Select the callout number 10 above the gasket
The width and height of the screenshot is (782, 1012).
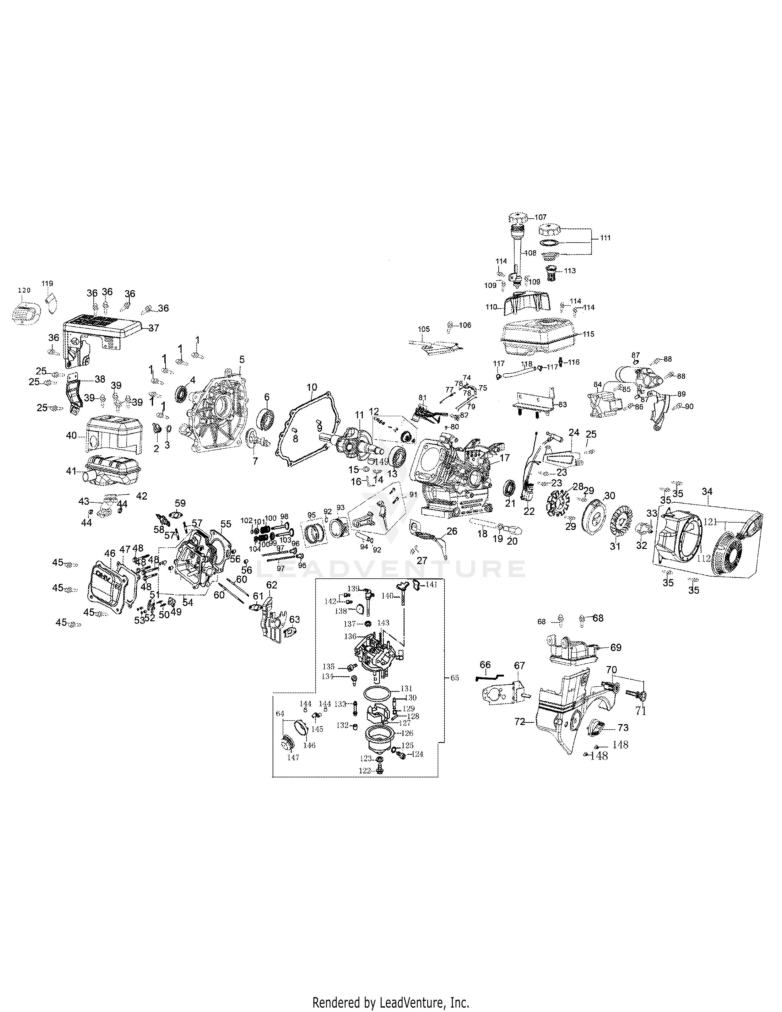point(312,386)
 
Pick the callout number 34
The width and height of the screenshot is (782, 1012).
point(707,490)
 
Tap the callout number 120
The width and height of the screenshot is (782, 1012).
point(24,290)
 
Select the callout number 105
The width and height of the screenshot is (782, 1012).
point(424,329)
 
